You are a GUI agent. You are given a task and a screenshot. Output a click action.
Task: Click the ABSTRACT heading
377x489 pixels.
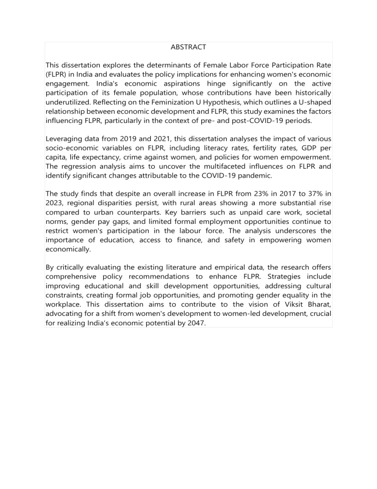tap(188, 47)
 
